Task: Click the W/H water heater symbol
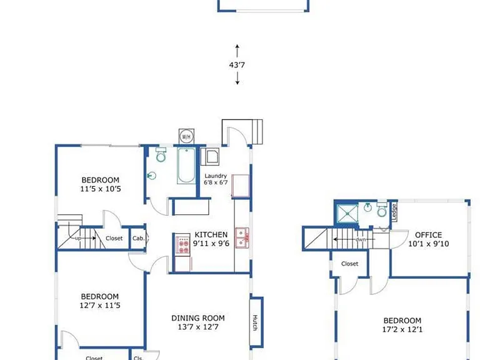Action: click(x=186, y=136)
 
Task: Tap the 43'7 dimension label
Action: click(x=237, y=65)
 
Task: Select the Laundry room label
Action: click(x=216, y=176)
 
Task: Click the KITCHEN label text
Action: click(x=211, y=235)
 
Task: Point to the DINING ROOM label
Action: click(x=198, y=318)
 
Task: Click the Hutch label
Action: click(x=255, y=322)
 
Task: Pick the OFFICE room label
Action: click(x=428, y=235)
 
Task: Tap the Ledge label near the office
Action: click(x=394, y=212)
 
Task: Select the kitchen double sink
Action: click(x=242, y=237)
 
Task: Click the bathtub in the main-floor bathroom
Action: click(x=186, y=166)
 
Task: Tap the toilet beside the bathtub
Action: click(x=161, y=155)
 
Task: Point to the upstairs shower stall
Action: click(x=347, y=213)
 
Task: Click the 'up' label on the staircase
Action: click(x=78, y=238)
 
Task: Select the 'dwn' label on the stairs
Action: click(x=361, y=239)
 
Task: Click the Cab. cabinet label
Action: click(x=138, y=238)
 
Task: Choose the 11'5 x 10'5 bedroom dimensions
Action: click(x=101, y=189)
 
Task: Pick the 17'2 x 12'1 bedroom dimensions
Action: click(x=402, y=330)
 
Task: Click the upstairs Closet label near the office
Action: click(x=349, y=264)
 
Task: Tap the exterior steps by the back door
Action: click(x=257, y=132)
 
